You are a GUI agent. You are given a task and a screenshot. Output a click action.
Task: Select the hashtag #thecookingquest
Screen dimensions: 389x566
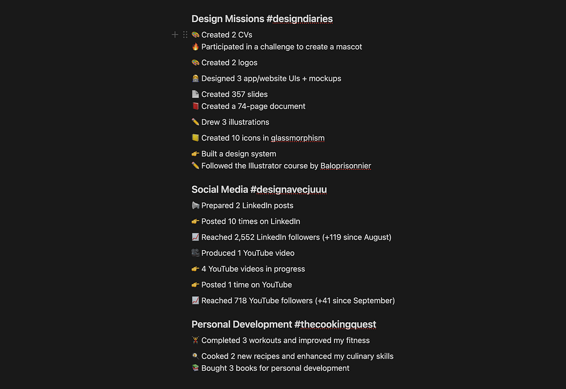coord(335,324)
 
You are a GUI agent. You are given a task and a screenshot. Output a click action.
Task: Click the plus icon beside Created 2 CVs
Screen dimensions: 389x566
coord(175,35)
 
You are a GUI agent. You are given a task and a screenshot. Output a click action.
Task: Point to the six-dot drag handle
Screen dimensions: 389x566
coord(185,35)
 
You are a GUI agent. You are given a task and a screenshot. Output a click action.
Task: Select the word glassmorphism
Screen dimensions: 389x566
coord(298,138)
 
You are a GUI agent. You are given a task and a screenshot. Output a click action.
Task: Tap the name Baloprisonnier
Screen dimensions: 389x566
coord(346,166)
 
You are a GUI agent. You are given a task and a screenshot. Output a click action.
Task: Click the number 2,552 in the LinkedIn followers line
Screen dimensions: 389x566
coord(244,237)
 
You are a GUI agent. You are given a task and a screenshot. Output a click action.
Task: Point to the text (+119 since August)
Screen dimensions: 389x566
coord(357,237)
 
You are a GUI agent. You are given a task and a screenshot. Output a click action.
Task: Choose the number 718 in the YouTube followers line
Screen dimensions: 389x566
coord(241,301)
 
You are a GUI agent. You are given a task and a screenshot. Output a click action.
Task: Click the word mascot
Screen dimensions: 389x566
coord(348,47)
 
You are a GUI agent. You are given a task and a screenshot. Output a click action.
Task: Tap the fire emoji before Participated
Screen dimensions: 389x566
coord(195,47)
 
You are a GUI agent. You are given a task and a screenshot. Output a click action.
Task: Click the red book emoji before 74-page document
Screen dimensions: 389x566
coord(195,106)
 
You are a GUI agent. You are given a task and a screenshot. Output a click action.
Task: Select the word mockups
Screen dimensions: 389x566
coord(325,79)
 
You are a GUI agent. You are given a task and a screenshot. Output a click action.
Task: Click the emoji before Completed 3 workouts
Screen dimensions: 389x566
coord(195,340)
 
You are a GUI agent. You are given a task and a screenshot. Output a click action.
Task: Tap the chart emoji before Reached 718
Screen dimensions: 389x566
coord(195,301)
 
